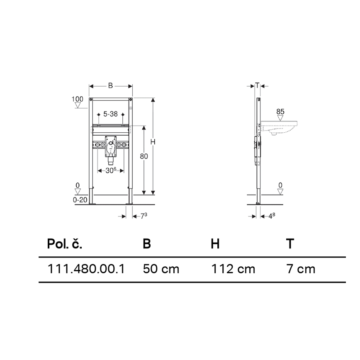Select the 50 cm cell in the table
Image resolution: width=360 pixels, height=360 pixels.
tap(161, 269)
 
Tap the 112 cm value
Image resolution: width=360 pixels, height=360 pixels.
tap(233, 269)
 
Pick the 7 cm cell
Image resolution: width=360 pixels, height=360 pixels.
tap(301, 269)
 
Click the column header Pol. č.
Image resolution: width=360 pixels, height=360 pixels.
tap(64, 244)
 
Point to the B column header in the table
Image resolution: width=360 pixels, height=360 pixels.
tap(147, 244)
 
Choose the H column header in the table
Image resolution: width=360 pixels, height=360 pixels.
tap(215, 244)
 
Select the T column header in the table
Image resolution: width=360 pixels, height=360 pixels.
tap(290, 244)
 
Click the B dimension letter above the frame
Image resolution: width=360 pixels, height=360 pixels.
tap(110, 86)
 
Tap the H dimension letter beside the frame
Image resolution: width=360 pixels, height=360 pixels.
tap(153, 142)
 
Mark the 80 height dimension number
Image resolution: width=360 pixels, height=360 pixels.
tap(144, 157)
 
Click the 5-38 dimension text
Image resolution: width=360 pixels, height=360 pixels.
tap(110, 114)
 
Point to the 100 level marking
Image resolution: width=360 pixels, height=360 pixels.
tap(77, 99)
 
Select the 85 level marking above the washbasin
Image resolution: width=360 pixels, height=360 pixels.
tap(280, 111)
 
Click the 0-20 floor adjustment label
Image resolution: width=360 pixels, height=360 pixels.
tap(80, 199)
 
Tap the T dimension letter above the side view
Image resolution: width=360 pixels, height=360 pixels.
tap(257, 86)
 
